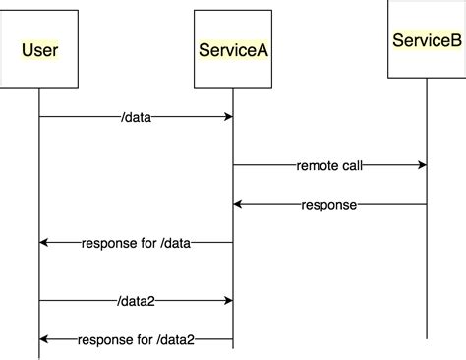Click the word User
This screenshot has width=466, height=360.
[x=39, y=49]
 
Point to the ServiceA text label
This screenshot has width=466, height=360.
[x=232, y=49]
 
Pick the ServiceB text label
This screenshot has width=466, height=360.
[x=426, y=40]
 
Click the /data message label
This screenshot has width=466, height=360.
[x=136, y=116]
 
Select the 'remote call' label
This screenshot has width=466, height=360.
[x=329, y=166]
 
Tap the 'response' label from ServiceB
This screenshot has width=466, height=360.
[x=329, y=205]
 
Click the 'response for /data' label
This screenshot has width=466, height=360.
[x=136, y=242]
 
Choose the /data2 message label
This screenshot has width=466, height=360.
[x=136, y=301]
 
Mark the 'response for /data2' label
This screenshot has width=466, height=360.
[x=136, y=339]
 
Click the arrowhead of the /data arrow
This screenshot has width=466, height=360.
[x=228, y=116]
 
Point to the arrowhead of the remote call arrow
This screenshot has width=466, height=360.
[x=422, y=166]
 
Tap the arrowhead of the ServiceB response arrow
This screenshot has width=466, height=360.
[x=238, y=205]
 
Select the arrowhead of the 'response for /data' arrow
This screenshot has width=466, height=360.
[x=44, y=242]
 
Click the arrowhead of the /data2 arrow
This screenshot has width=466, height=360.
[x=228, y=301]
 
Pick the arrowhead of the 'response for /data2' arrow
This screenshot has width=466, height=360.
[x=44, y=339]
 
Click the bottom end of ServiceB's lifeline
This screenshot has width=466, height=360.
[x=427, y=337]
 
